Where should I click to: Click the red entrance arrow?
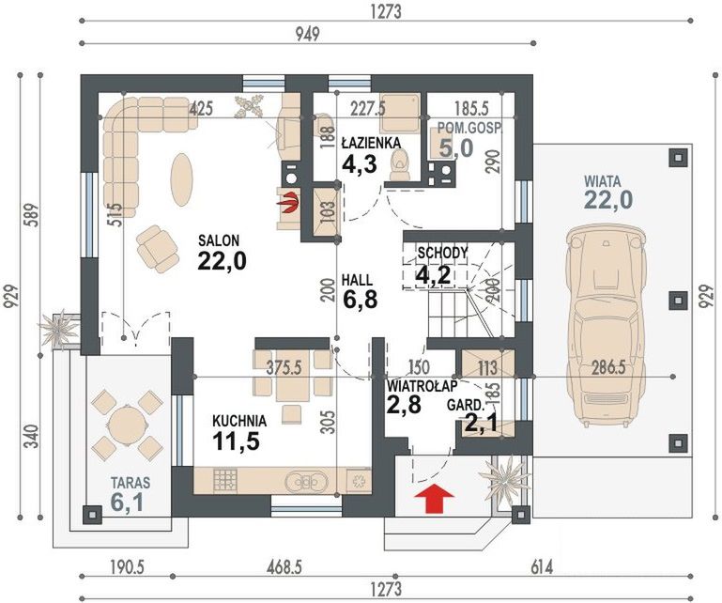(434, 499)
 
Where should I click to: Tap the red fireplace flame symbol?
(288, 203)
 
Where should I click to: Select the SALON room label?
(219, 240)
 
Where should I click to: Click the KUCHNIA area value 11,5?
(237, 441)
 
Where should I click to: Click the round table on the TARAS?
(126, 425)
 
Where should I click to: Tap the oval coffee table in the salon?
(181, 179)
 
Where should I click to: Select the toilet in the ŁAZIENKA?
(400, 165)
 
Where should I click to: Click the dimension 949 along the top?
(307, 35)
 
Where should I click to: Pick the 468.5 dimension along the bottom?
(284, 567)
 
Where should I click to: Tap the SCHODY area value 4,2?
(433, 275)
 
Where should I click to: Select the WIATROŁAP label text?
(422, 386)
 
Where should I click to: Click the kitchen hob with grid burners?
(225, 481)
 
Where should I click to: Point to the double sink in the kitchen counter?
(306, 482)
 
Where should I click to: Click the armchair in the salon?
(158, 249)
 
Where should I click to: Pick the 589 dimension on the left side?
(33, 217)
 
